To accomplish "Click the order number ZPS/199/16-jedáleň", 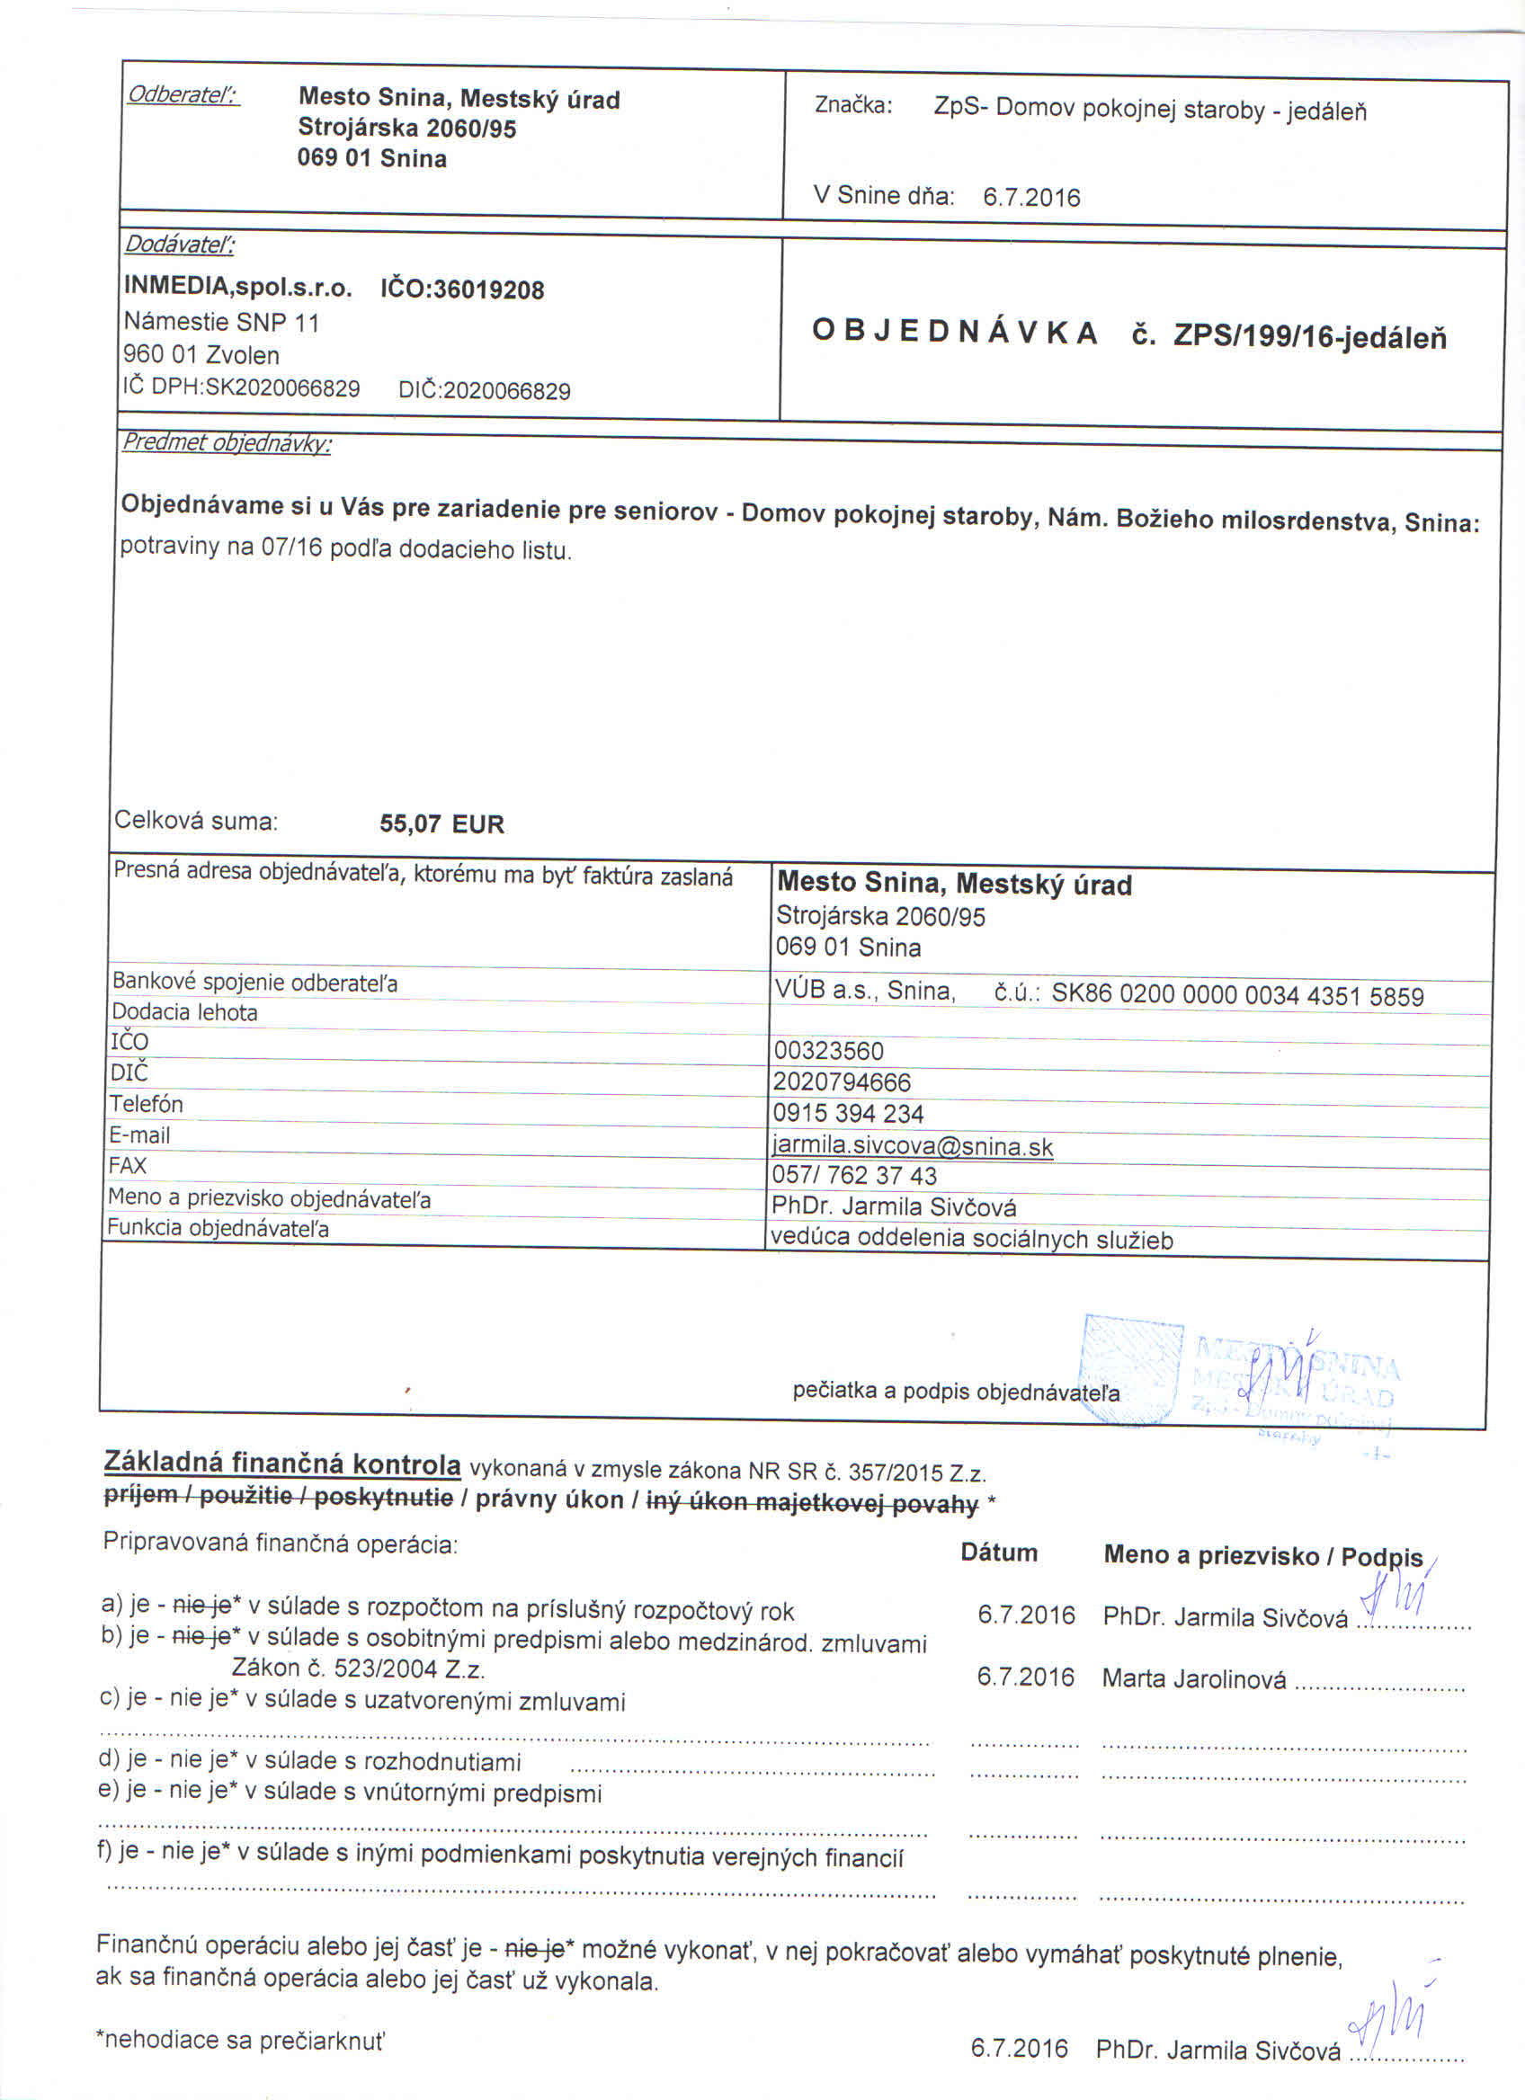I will [x=1309, y=337].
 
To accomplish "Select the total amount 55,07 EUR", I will [x=441, y=823].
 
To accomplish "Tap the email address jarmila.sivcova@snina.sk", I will [x=912, y=1146].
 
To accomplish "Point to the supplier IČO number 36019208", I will [x=489, y=289].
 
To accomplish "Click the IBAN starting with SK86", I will [x=1237, y=996].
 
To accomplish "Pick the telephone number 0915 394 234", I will [x=848, y=1113].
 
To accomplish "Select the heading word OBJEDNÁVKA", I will [x=955, y=332].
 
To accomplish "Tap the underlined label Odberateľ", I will [x=183, y=94].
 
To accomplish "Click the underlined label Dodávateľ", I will [x=180, y=245].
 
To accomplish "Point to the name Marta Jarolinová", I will [x=1193, y=1677].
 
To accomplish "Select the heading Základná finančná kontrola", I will [x=282, y=1463].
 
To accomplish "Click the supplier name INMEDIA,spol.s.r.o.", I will [x=238, y=286].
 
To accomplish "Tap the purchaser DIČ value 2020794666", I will [x=842, y=1081].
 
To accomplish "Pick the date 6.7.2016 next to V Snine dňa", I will [x=1031, y=197].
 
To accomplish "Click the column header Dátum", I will [x=998, y=1553].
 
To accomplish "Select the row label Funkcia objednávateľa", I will [x=218, y=1229].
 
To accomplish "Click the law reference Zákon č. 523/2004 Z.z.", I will [x=359, y=1668].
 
